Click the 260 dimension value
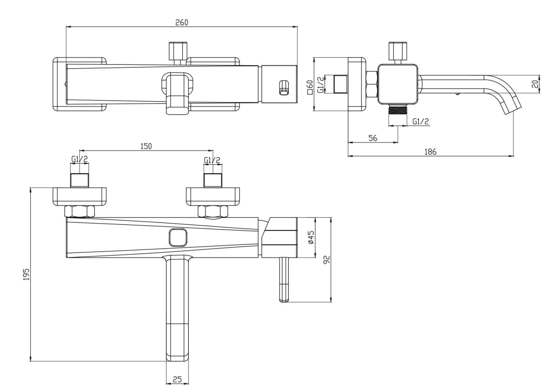181,22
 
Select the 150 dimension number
146,146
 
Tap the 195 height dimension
26,274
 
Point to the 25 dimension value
177,380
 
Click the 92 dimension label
327,260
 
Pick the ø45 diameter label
311,237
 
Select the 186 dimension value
430,152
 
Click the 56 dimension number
373,138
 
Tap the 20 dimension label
535,84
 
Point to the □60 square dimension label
309,87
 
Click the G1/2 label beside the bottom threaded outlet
420,121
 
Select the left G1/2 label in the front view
80,160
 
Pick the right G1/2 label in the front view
212,160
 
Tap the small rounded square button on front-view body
178,238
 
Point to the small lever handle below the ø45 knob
284,279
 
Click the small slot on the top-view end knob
284,88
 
